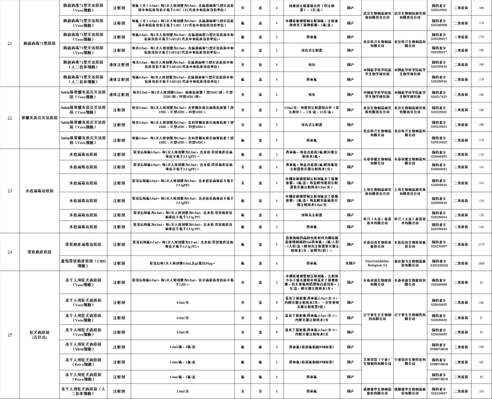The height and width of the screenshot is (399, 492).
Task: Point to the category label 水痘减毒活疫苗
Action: coord(39,191)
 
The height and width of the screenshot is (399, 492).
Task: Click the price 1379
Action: coord(481,245)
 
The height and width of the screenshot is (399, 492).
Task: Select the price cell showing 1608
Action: coord(481,263)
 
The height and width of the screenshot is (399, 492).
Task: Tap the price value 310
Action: coord(481,391)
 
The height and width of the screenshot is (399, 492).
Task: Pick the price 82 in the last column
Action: coord(481,377)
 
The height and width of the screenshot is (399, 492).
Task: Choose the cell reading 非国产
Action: coord(350,263)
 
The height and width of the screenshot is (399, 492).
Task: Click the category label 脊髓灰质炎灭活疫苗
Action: coord(39,118)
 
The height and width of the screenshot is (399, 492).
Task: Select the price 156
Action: coord(481,215)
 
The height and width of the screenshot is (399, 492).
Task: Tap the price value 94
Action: coord(481,283)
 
